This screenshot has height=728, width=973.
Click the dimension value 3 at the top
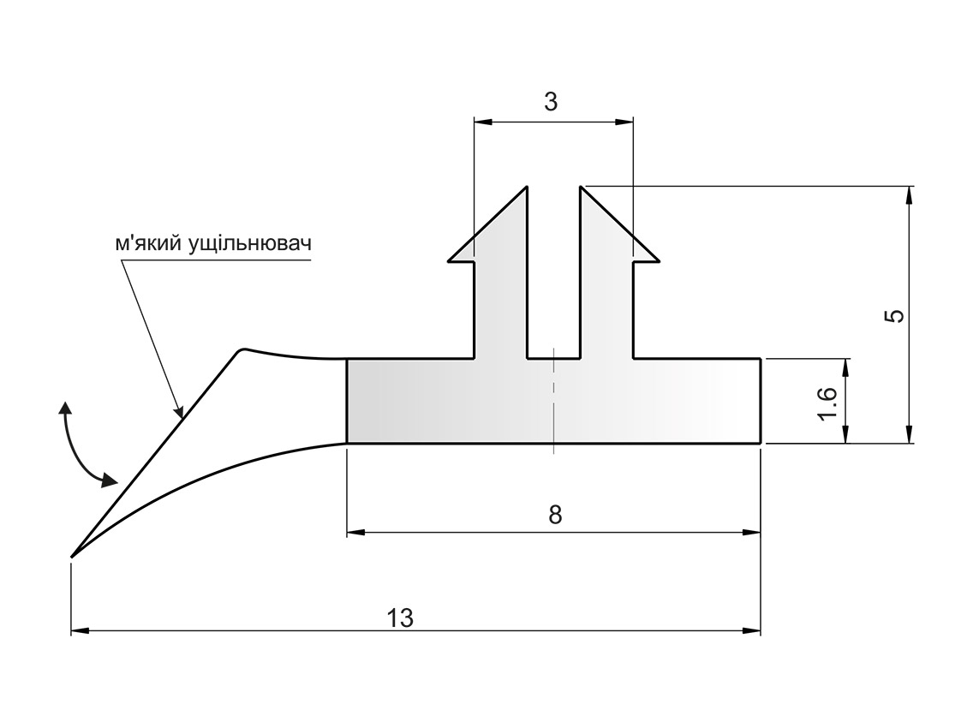pos(551,102)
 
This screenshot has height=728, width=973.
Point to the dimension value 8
pos(555,515)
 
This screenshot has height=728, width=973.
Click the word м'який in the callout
pos(148,243)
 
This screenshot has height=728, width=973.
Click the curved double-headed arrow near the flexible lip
pos(81,445)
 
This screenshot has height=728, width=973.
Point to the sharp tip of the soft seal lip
pos(72,558)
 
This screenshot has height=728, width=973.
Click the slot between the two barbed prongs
pos(553,283)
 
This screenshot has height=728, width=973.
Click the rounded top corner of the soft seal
pos(242,349)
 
